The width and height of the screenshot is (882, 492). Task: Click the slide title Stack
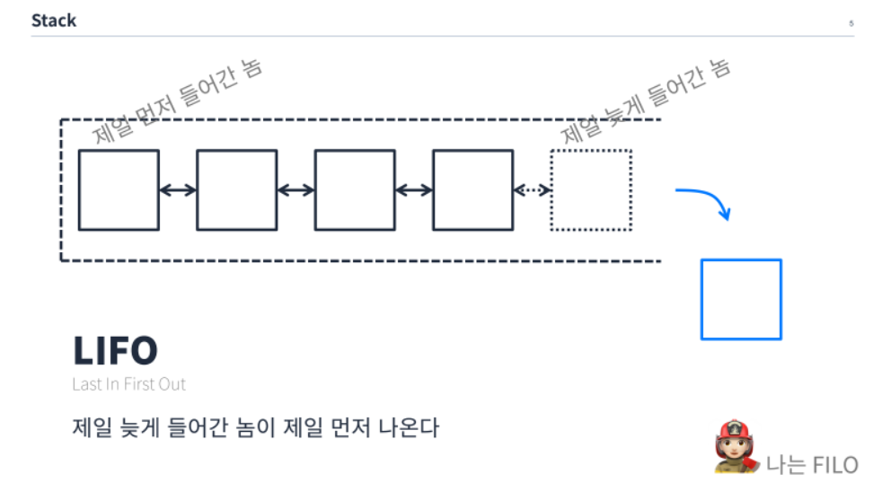tap(54, 21)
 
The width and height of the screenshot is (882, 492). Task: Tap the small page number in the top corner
tap(850, 23)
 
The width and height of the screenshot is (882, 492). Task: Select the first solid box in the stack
tap(119, 189)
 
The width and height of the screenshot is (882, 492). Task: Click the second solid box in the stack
tap(236, 189)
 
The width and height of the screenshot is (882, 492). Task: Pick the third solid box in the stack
tap(354, 189)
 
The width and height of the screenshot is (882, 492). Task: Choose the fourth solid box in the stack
tap(472, 189)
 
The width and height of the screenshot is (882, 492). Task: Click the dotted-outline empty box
tap(590, 189)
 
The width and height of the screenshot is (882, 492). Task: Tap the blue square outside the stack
tap(740, 299)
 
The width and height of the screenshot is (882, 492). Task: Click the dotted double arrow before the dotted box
tap(532, 190)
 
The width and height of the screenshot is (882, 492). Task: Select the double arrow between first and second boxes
tap(178, 190)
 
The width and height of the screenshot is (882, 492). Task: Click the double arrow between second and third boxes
tap(295, 190)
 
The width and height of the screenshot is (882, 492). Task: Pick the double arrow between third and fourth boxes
tap(413, 190)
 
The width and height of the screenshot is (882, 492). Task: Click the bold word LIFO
tap(115, 351)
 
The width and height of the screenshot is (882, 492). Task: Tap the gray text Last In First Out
tap(128, 384)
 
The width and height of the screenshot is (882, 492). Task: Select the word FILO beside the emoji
tap(834, 465)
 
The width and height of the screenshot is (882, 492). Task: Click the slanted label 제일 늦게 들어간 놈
tap(646, 101)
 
